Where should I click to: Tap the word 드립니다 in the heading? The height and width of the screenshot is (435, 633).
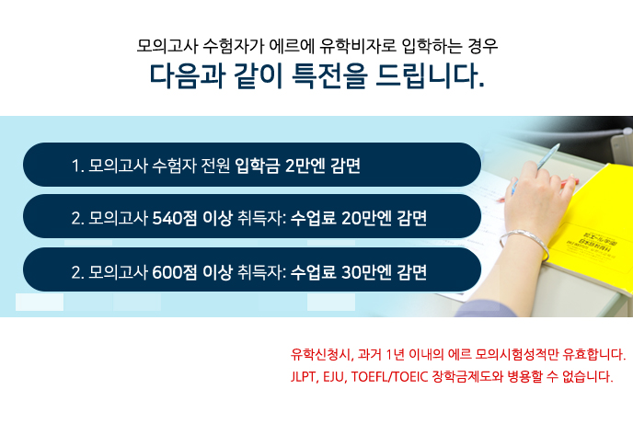click(430, 75)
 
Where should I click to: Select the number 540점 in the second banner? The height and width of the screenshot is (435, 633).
click(175, 218)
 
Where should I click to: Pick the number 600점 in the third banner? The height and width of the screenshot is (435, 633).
click(175, 272)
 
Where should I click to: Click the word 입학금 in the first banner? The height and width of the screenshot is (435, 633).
click(258, 166)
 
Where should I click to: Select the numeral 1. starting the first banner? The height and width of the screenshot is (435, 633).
click(77, 166)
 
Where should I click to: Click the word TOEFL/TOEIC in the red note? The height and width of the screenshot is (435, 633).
click(389, 376)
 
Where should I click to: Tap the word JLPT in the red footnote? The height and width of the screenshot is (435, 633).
click(305, 376)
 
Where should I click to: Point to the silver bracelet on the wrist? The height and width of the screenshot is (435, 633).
click(524, 243)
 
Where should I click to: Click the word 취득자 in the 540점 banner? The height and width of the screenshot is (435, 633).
click(261, 218)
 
